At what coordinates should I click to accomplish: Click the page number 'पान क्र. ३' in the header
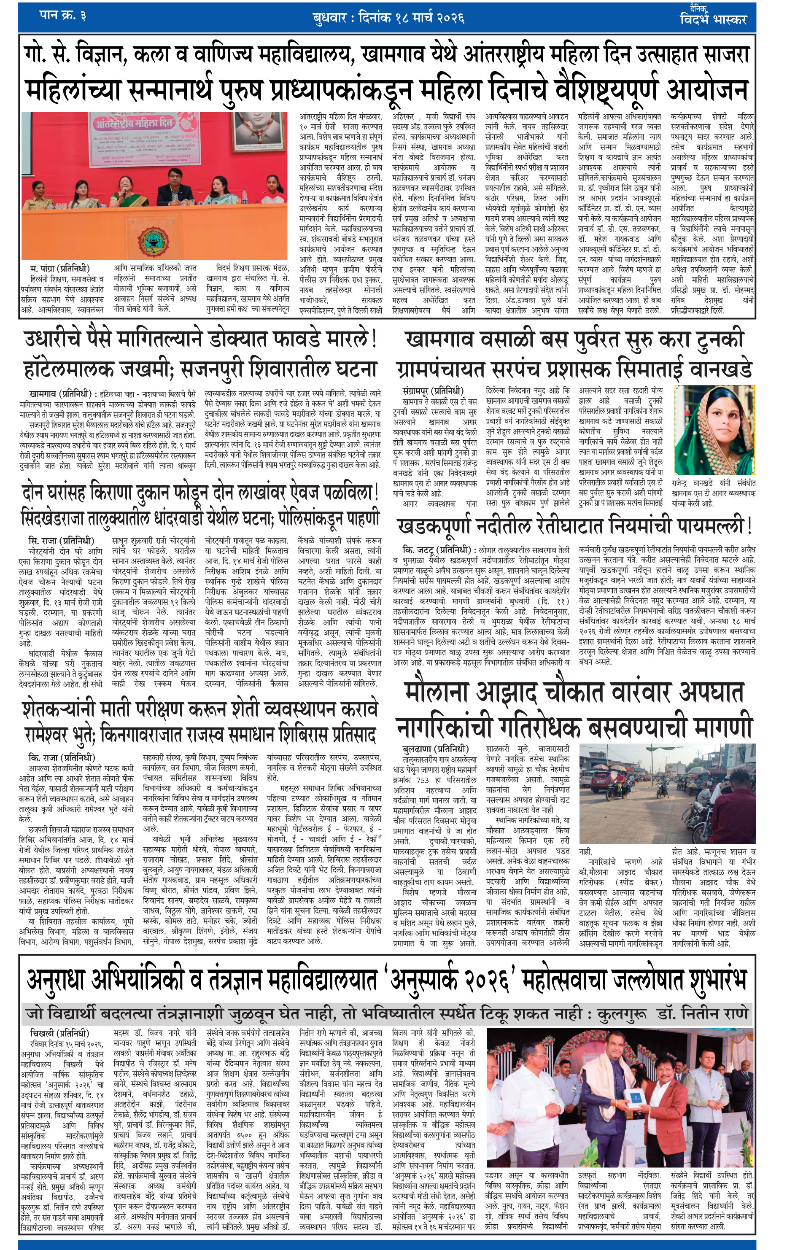62,16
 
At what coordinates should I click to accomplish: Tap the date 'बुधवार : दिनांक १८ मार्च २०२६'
388,18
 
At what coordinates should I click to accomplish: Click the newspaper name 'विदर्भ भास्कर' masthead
714,19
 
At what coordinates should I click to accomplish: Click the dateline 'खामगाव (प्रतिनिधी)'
60,393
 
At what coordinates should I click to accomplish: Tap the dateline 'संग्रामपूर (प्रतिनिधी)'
433,391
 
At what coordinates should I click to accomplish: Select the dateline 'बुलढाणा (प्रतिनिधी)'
436,749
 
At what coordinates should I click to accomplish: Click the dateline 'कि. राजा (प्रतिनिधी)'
62,758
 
